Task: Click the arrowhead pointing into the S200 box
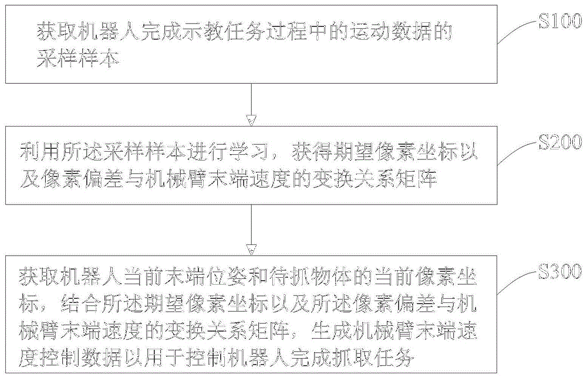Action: (x=251, y=120)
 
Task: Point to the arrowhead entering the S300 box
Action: (x=251, y=250)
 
